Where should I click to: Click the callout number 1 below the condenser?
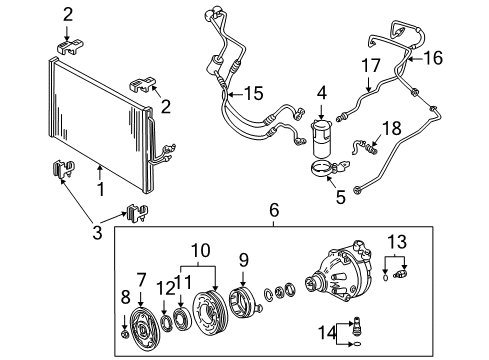100,187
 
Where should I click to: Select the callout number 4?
322,94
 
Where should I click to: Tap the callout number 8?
125,298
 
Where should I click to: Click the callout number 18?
390,127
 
